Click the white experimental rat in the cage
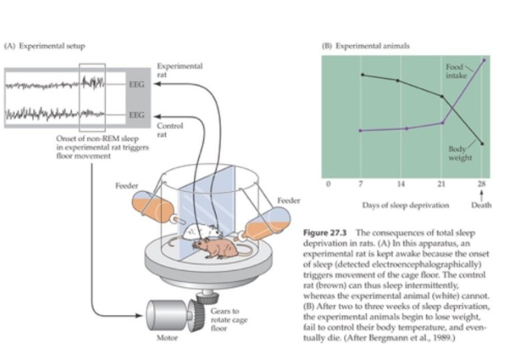(x=205, y=227)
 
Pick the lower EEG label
(x=137, y=115)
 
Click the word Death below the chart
(x=482, y=204)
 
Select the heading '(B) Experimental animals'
(x=367, y=46)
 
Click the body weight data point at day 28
(x=482, y=143)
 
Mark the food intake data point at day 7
(x=359, y=130)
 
